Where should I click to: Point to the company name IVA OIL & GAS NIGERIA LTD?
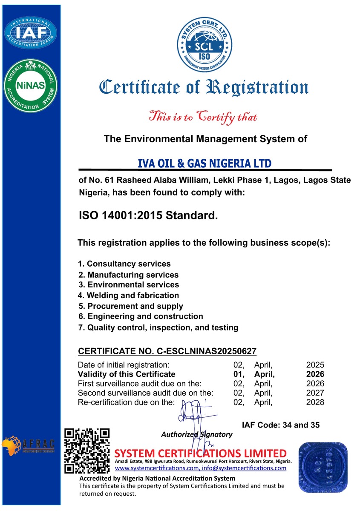(205, 164)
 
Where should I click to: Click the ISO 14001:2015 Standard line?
(148, 215)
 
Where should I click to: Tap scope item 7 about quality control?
(158, 327)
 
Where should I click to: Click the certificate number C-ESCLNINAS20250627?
(167, 351)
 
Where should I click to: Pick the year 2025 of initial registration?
(315, 365)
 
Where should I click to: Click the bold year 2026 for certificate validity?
(315, 374)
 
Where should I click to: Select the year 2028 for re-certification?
(315, 402)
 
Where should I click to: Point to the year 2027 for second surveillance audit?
(315, 393)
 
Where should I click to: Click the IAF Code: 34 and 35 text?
(280, 425)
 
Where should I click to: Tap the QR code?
(87, 450)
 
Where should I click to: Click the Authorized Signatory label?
(197, 434)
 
